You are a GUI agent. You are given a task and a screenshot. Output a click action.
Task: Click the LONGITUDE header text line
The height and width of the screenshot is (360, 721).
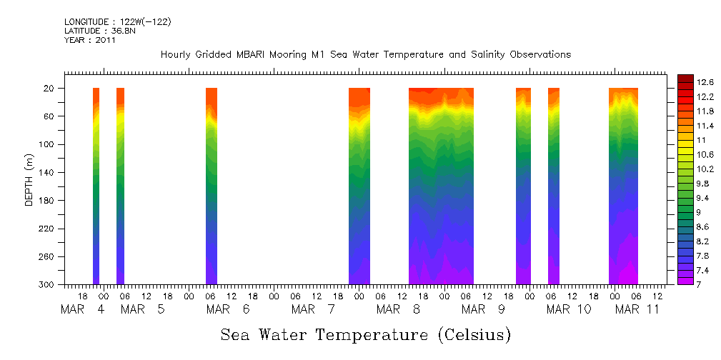tap(117, 22)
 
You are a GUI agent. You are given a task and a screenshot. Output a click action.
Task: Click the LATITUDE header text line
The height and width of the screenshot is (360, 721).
tap(91, 31)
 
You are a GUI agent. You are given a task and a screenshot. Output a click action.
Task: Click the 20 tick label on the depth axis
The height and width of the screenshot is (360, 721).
tap(49, 89)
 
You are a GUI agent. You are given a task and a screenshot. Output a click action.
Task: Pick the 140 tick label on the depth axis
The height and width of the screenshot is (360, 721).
tap(47, 173)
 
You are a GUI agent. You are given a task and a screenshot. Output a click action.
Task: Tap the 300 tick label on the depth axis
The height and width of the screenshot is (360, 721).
tap(47, 285)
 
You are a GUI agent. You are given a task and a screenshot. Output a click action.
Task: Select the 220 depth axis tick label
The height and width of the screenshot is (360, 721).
tap(47, 229)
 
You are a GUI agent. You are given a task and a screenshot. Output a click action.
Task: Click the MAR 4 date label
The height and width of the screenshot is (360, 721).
tap(82, 310)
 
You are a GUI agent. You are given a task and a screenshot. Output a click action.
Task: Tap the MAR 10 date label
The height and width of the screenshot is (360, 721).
tap(569, 310)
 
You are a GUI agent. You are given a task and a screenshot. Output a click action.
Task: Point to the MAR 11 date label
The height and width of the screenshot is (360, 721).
tap(637, 310)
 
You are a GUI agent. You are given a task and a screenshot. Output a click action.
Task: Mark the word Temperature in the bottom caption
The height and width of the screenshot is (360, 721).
tap(364, 334)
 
